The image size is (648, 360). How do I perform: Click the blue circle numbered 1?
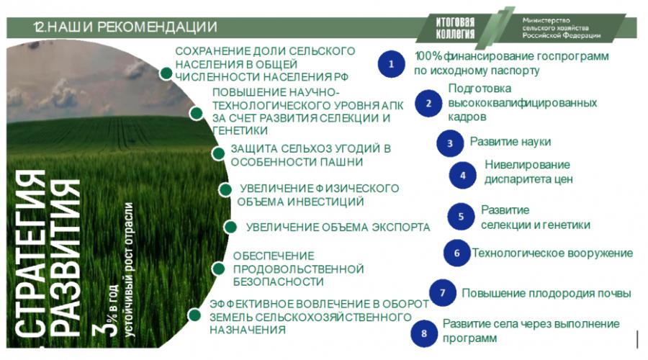[391, 64]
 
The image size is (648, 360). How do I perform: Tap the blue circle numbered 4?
[463, 175]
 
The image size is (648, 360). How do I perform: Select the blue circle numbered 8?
[424, 333]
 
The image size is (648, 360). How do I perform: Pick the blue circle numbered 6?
[456, 253]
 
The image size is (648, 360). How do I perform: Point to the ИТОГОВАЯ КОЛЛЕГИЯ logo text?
[455, 27]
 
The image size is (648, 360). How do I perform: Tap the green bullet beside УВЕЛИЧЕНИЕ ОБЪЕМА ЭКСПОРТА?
[230, 227]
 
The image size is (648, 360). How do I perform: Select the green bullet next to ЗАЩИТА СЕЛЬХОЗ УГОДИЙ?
[218, 153]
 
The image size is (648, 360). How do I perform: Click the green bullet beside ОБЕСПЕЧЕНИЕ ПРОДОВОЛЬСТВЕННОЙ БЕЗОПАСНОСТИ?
[219, 269]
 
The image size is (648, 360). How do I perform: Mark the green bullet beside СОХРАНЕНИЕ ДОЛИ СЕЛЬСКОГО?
[166, 73]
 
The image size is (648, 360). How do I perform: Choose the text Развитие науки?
[510, 142]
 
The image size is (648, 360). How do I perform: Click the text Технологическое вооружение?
[552, 253]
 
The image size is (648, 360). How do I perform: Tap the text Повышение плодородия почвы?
[546, 294]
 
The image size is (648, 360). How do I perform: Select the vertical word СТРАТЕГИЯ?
[30, 258]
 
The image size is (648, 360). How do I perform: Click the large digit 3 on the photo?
[102, 331]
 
